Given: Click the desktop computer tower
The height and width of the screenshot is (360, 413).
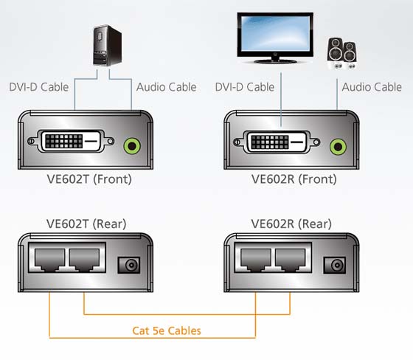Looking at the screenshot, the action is pyautogui.click(x=107, y=46).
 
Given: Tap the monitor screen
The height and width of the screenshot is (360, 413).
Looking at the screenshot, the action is pyautogui.click(x=275, y=33).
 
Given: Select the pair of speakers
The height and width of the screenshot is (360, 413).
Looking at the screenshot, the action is pyautogui.click(x=342, y=54).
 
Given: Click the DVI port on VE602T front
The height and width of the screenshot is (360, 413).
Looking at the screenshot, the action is pyautogui.click(x=71, y=141).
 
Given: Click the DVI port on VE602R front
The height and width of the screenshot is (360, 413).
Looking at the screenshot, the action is pyautogui.click(x=277, y=142).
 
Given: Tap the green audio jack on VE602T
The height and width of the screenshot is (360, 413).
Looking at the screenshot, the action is pyautogui.click(x=132, y=146).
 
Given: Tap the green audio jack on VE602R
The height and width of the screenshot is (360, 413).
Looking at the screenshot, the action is pyautogui.click(x=338, y=147).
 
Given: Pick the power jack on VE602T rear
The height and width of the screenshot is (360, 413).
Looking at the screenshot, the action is pyautogui.click(x=128, y=265).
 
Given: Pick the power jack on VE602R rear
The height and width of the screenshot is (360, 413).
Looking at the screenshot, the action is pyautogui.click(x=335, y=265).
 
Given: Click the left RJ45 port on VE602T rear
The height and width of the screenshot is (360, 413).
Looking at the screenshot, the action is pyautogui.click(x=50, y=260).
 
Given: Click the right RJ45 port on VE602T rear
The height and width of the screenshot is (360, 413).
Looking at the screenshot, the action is pyautogui.click(x=84, y=260).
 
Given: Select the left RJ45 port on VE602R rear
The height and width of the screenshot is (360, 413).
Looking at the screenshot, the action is pyautogui.click(x=256, y=260).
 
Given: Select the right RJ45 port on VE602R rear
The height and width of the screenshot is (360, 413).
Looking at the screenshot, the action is pyautogui.click(x=291, y=260).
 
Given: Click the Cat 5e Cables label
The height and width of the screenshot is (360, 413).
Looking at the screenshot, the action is pyautogui.click(x=167, y=330).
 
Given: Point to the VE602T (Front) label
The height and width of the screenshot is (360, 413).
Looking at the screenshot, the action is pyautogui.click(x=89, y=179).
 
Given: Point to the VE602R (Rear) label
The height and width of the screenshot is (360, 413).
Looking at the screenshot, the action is pyautogui.click(x=291, y=224).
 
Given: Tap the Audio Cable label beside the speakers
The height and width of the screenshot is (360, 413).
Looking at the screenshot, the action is pyautogui.click(x=372, y=87).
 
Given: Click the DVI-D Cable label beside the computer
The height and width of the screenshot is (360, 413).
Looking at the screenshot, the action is pyautogui.click(x=38, y=87).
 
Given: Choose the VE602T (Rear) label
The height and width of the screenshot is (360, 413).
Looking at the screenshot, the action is pyautogui.click(x=86, y=224).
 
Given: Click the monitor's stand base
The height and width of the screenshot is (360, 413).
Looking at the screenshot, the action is pyautogui.click(x=275, y=61).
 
